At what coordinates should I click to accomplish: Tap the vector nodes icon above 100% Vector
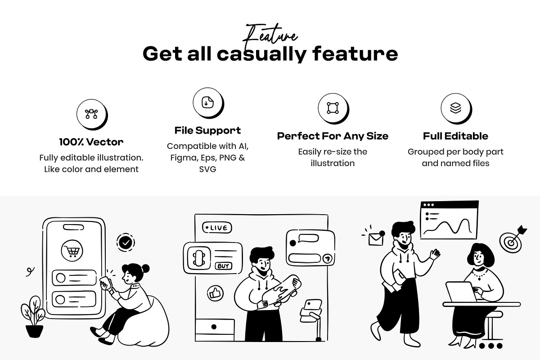point(91,114)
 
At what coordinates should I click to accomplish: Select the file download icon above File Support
point(207,103)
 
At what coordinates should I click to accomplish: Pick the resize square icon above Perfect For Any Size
point(333,108)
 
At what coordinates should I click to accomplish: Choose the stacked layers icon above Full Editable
point(455,108)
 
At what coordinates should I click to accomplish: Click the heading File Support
point(207,130)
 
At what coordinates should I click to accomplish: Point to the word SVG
point(207,169)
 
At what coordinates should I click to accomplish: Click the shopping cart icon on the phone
point(72,251)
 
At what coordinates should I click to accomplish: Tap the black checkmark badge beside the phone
point(126,243)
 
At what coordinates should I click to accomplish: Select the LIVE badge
point(217,228)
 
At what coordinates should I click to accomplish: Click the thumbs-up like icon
point(215,293)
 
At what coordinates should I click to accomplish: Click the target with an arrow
point(512,239)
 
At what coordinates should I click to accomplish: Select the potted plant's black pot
point(35,331)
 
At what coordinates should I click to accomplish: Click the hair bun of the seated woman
point(146,268)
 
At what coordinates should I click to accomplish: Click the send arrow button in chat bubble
point(327,258)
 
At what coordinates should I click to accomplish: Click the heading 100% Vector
point(91,142)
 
